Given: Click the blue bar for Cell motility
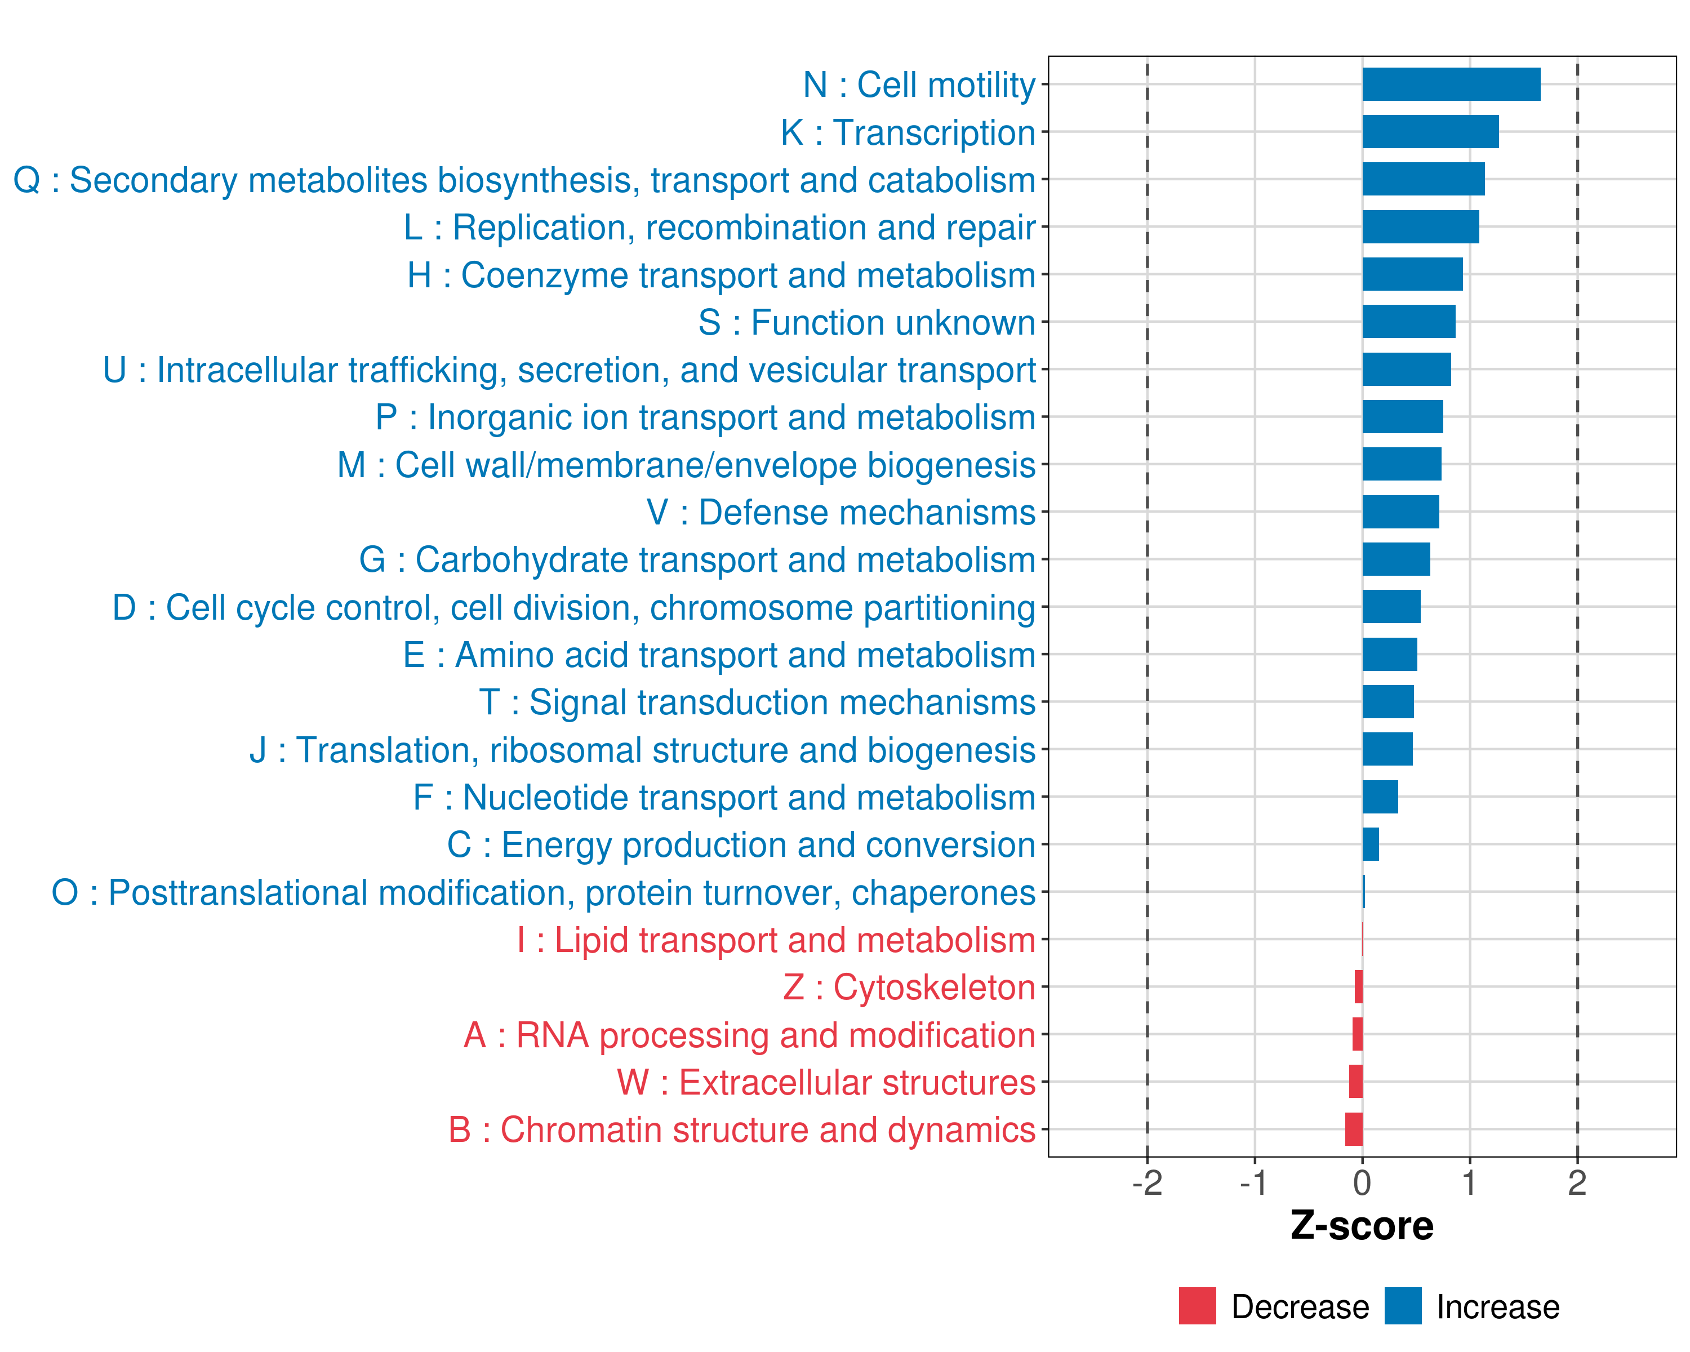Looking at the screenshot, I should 1451,84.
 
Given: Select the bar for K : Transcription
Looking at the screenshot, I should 1430,132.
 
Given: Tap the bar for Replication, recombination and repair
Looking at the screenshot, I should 1420,227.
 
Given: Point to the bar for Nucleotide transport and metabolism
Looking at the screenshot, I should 1380,797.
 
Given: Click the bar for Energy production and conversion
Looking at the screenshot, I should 1370,844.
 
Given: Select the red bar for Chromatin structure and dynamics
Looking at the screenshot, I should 1354,1129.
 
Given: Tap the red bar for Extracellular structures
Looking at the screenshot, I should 1355,1082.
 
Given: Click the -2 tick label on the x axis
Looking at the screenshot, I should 1147,1182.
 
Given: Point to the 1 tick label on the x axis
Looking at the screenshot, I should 1469,1182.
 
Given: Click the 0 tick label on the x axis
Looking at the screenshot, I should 1362,1182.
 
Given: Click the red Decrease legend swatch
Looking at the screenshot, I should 1197,1306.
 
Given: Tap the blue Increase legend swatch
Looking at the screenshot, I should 1402,1306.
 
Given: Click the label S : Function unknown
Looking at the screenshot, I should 866,323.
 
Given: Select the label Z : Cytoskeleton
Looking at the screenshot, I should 909,988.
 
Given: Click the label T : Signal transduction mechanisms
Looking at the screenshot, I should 757,702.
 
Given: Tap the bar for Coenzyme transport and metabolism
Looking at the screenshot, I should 1412,274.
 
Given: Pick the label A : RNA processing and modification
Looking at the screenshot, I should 749,1035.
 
